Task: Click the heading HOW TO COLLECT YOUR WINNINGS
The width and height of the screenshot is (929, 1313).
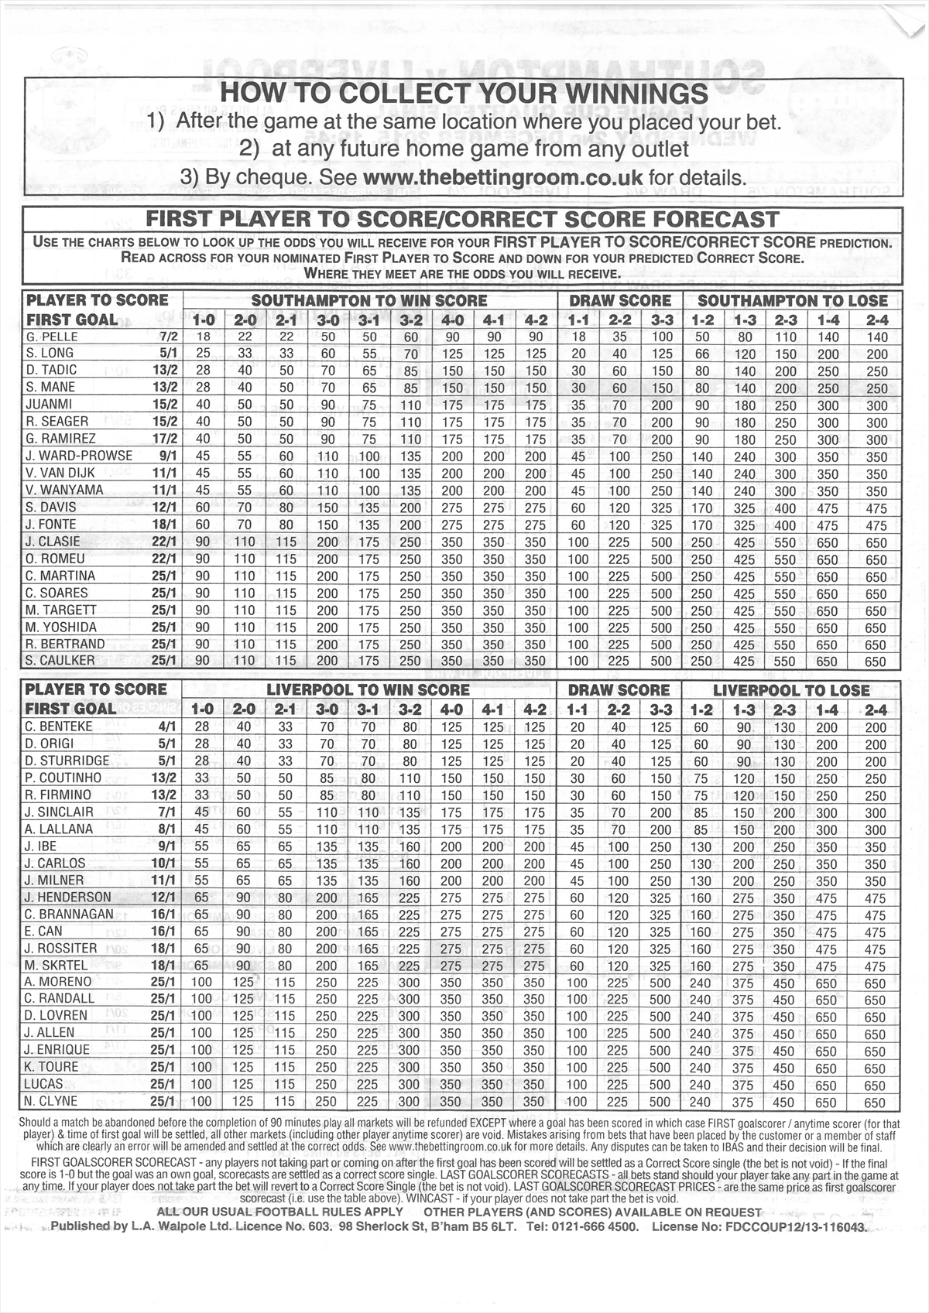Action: [x=464, y=94]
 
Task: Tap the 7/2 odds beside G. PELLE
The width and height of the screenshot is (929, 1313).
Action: [x=168, y=337]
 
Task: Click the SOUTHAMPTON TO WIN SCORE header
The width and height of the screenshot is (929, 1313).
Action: [x=369, y=301]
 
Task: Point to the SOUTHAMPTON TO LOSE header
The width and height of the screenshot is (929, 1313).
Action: [x=792, y=301]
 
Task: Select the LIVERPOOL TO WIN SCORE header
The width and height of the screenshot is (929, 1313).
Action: [x=368, y=690]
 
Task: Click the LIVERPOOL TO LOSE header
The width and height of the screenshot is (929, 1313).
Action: [x=790, y=690]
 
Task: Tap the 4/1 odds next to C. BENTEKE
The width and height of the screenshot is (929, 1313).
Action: [x=167, y=727]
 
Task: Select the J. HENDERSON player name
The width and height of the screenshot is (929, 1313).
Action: [x=67, y=898]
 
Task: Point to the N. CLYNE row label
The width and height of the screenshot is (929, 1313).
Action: [x=51, y=1101]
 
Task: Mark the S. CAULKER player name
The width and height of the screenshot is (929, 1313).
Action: [x=60, y=661]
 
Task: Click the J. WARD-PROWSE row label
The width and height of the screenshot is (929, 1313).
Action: [x=78, y=456]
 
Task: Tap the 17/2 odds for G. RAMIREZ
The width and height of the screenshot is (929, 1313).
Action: [x=165, y=439]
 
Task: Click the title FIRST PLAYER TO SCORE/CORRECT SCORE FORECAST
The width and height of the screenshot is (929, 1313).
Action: [x=462, y=220]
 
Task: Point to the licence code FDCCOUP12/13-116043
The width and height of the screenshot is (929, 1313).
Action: [x=795, y=1226]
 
